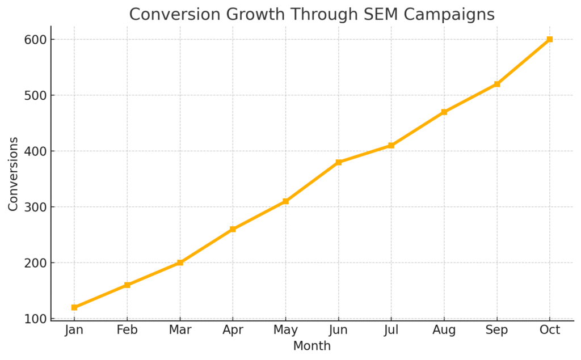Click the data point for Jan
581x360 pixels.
coord(74,307)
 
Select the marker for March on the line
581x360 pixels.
coord(180,262)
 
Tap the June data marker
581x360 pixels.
coord(339,162)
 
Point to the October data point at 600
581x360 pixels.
coord(550,39)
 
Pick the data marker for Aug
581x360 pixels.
coord(444,112)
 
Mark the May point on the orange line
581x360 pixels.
coord(285,201)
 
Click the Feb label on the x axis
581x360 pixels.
coord(127,330)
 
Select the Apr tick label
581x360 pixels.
coord(233,330)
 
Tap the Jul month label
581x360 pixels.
coord(391,330)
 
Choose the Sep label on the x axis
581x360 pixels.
coord(497,330)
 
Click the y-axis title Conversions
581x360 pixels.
coord(14,173)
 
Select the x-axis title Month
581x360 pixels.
coord(311,345)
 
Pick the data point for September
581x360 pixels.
coord(497,84)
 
